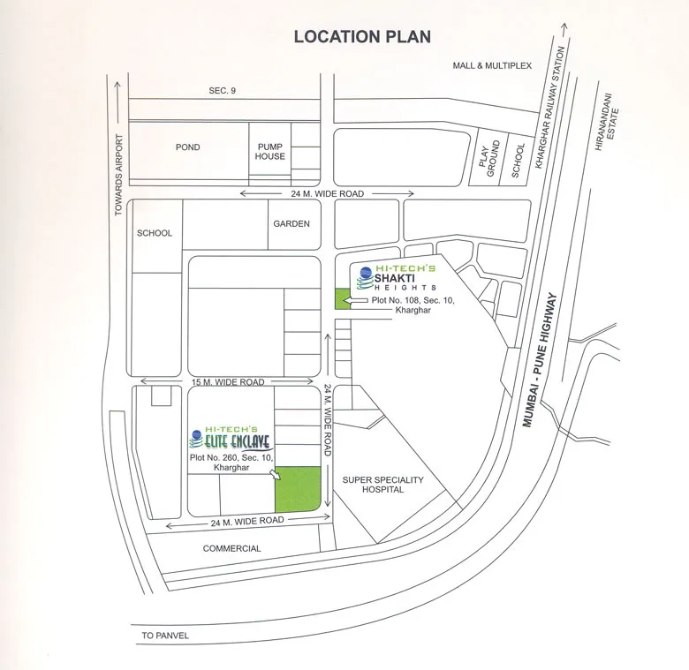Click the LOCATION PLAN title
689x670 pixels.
362,36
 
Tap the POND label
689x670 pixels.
188,147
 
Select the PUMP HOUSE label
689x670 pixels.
270,151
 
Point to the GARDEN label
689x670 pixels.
291,223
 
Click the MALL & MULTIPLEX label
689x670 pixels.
492,65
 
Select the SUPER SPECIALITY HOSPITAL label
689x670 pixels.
383,485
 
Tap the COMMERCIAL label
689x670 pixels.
231,548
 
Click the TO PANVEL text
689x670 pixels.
165,635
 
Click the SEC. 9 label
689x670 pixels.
223,91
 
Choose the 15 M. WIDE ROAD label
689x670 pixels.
229,382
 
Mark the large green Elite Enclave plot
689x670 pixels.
298,489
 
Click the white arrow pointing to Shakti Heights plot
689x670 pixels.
360,302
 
